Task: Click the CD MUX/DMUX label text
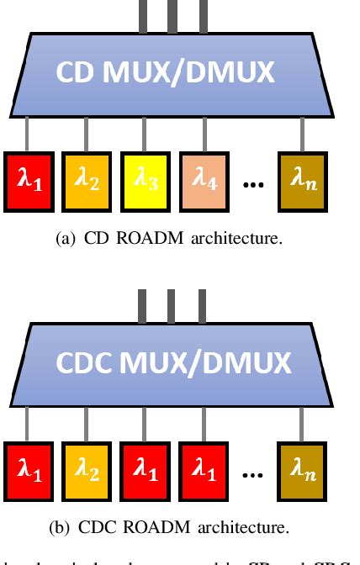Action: coord(165,72)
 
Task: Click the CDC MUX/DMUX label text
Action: coord(172,363)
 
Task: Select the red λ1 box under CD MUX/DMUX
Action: coord(29,177)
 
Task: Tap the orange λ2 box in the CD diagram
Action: coord(87,177)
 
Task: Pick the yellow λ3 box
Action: coord(146,177)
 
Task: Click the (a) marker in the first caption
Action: coord(65,238)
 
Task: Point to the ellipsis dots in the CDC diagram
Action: coord(253,475)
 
